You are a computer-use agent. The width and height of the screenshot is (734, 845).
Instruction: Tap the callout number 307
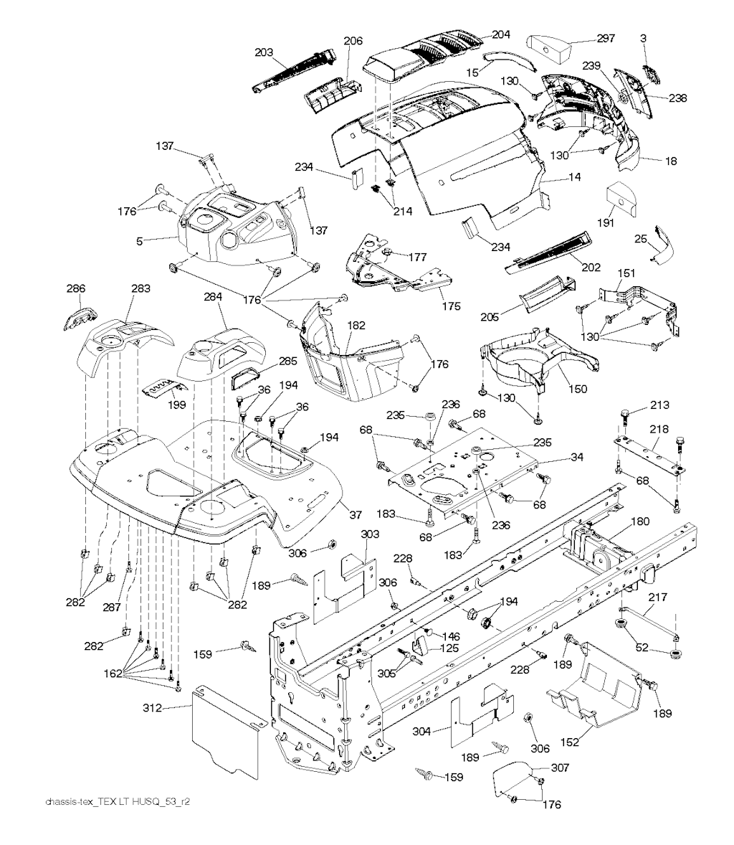click(x=560, y=768)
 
